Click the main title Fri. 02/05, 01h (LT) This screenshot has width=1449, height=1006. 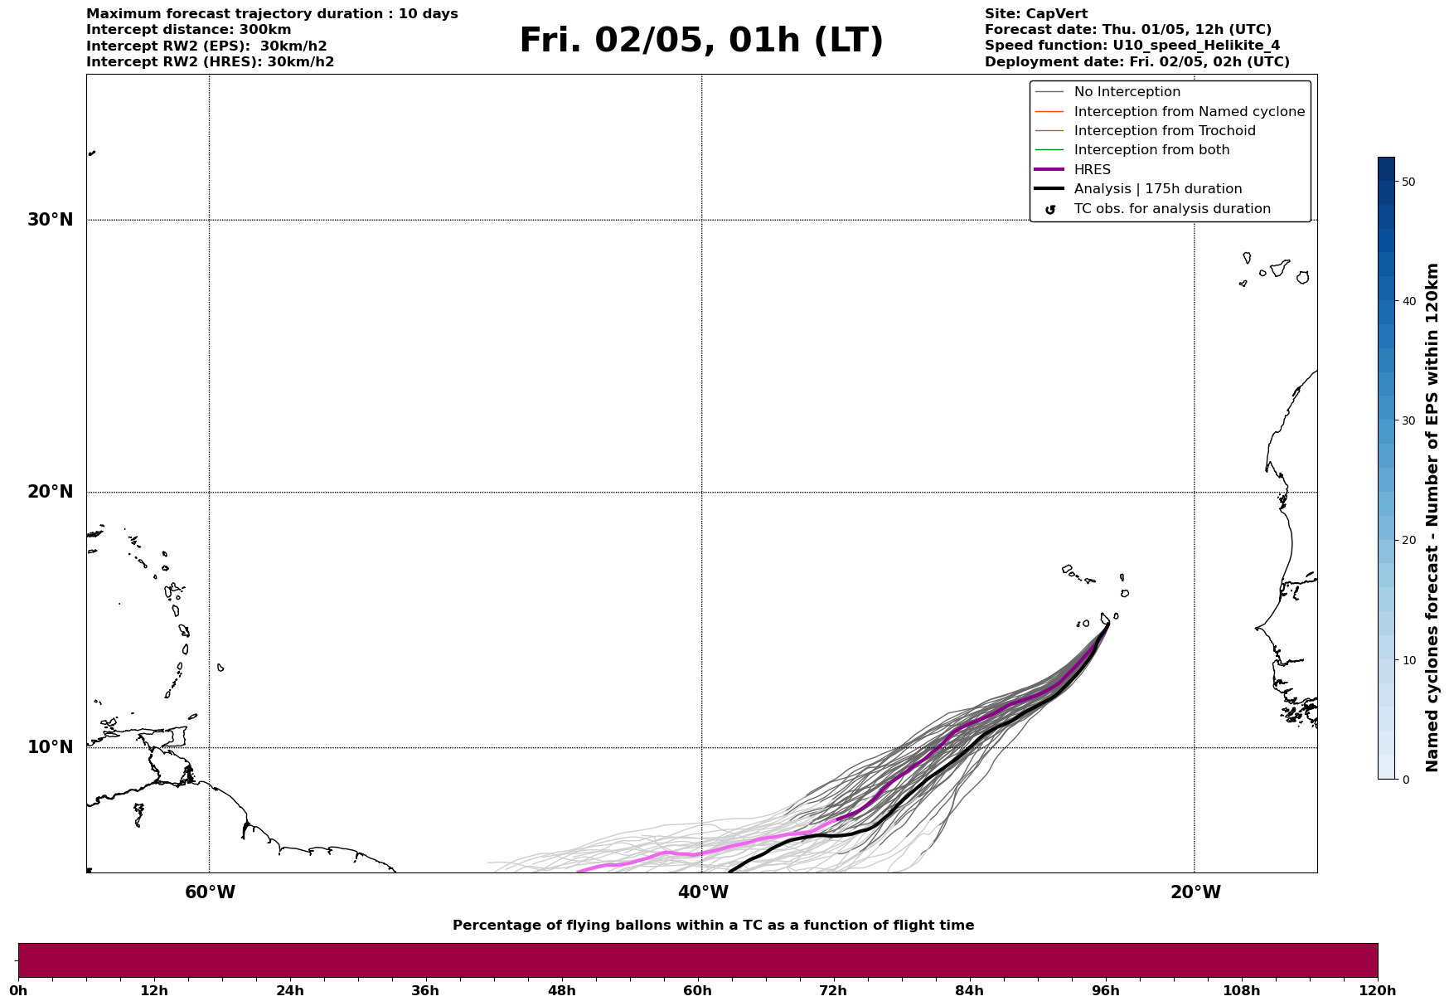[701, 41]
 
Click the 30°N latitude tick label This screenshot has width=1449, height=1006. [50, 220]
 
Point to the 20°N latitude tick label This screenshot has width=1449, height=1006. [50, 492]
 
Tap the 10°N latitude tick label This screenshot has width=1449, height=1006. [50, 747]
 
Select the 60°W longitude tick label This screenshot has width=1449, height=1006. [210, 892]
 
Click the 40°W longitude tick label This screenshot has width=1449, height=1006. [703, 892]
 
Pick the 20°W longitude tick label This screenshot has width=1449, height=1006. [1195, 892]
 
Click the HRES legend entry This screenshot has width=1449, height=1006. [1092, 170]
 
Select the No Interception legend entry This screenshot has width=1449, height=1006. [1127, 92]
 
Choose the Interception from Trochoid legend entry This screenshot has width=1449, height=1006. [1164, 131]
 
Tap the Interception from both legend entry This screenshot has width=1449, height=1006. [1151, 150]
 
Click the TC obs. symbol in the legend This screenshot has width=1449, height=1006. [1050, 210]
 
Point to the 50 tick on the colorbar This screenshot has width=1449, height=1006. [1408, 182]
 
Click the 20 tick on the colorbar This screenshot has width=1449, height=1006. [1408, 540]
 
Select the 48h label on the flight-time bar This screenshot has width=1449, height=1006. [561, 990]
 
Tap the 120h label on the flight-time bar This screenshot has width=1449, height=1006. [1378, 990]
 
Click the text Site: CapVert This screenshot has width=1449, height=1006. [1035, 14]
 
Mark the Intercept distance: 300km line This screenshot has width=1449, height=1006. [188, 30]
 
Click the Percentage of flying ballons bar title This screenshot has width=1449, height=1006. [713, 926]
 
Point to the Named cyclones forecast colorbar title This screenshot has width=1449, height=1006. [1432, 518]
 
